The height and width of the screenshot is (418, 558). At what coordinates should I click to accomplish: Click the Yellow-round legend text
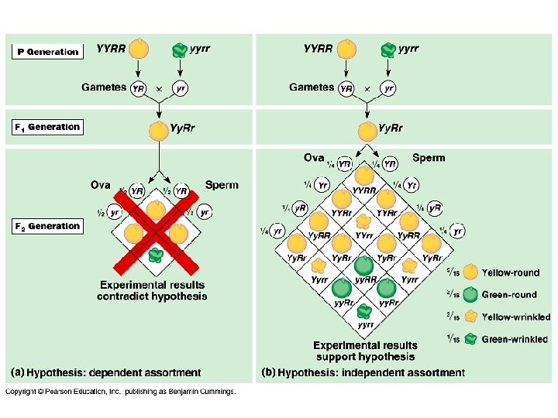click(x=511, y=272)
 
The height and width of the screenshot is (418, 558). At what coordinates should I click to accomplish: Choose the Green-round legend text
click(x=509, y=295)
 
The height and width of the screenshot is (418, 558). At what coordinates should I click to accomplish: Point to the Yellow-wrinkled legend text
click(x=515, y=317)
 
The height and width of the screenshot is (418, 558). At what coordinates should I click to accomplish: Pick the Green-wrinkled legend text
click(x=515, y=339)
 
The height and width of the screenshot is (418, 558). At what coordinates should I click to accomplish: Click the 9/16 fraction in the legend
click(x=453, y=272)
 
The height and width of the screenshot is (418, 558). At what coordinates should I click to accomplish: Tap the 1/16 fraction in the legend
click(x=453, y=339)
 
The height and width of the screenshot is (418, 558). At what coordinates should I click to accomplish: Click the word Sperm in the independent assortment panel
click(x=429, y=158)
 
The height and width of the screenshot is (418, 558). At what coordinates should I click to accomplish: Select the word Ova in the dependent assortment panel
click(x=101, y=185)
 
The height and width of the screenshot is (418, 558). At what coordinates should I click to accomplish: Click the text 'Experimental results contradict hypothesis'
click(x=152, y=290)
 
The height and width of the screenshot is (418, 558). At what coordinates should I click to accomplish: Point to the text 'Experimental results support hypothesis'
click(x=365, y=351)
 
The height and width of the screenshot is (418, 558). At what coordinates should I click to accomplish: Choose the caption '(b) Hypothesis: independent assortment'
click(x=363, y=373)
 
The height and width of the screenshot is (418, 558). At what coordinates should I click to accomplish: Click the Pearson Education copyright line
click(x=121, y=392)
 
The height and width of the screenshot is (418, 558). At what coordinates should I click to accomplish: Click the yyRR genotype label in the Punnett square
click(x=365, y=279)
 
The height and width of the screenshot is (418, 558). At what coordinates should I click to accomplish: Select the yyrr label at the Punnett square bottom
click(x=366, y=325)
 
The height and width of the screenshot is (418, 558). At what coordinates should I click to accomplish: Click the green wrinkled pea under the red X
click(x=156, y=254)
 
